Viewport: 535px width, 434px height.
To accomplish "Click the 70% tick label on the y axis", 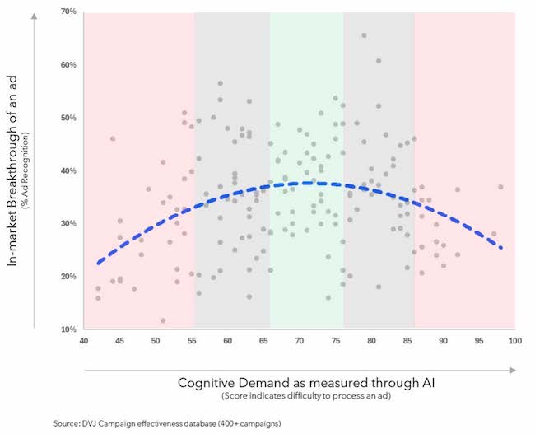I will click(67, 12).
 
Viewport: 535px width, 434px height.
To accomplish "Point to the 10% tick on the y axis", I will click(67, 329).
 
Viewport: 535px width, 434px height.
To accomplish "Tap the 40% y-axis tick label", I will click(67, 171).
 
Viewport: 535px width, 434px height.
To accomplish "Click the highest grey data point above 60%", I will click(364, 35).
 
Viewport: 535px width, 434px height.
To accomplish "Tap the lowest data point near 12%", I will click(163, 320).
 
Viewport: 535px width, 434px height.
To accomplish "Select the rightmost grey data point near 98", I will click(500, 187).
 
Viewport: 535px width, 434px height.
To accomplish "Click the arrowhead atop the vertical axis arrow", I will click(34, 13).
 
